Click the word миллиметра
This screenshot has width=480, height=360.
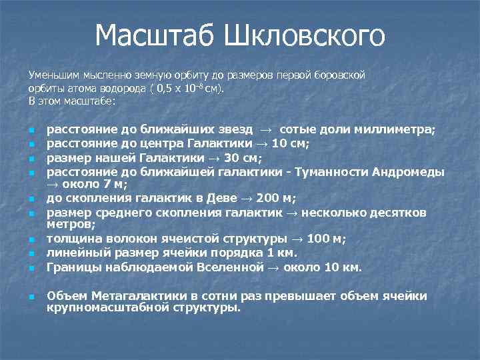pyautogui.click(x=396, y=129)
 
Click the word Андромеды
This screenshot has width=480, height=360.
pyautogui.click(x=411, y=172)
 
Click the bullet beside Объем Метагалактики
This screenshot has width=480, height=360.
pyautogui.click(x=31, y=297)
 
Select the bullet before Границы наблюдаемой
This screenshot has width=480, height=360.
pyautogui.click(x=31, y=269)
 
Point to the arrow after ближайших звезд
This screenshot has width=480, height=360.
pyautogui.click(x=265, y=130)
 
